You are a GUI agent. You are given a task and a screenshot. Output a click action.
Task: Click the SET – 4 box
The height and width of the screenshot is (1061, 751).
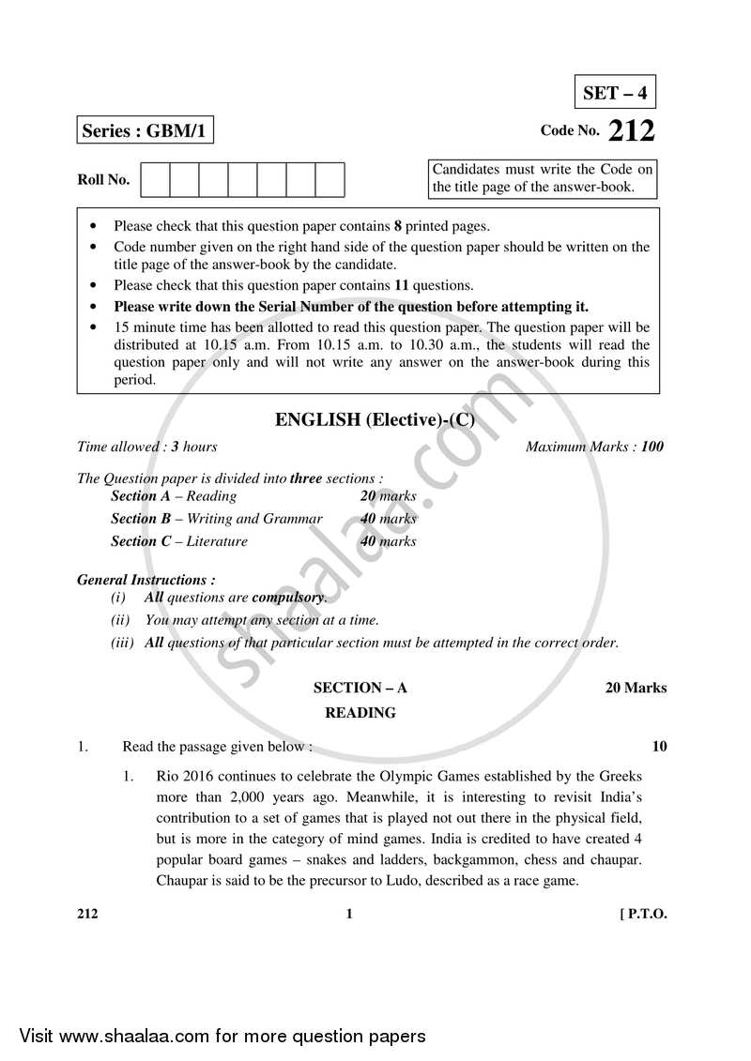coord(615,93)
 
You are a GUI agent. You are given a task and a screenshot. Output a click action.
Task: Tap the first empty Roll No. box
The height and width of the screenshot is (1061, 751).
coord(155,179)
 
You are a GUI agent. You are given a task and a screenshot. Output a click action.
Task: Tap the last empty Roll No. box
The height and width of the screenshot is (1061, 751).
coord(330,179)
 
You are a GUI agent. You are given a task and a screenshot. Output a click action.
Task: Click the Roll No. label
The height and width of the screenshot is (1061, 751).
coord(103,179)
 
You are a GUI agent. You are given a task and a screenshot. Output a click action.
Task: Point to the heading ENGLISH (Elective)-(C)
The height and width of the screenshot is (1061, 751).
coord(375,420)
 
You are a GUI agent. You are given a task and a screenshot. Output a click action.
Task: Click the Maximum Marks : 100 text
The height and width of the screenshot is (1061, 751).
coord(593,447)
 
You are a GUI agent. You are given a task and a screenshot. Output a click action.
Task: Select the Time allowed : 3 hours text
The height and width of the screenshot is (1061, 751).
coord(147,447)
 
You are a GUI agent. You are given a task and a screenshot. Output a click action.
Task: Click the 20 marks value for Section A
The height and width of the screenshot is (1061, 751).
coord(388,495)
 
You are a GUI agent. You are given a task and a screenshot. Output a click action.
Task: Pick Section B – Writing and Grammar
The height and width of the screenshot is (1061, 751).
coord(217,518)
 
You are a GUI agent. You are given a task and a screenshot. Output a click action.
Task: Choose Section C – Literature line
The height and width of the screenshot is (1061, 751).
coord(179,540)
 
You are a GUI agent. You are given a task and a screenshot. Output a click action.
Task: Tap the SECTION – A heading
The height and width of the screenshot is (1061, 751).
coord(360,688)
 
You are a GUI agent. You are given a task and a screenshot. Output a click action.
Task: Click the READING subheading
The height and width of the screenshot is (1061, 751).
coord(360,713)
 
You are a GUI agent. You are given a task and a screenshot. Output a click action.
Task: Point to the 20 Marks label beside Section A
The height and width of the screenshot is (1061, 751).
coord(636,688)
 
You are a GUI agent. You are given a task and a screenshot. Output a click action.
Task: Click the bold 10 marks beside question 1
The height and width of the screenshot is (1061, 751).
coord(659,747)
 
